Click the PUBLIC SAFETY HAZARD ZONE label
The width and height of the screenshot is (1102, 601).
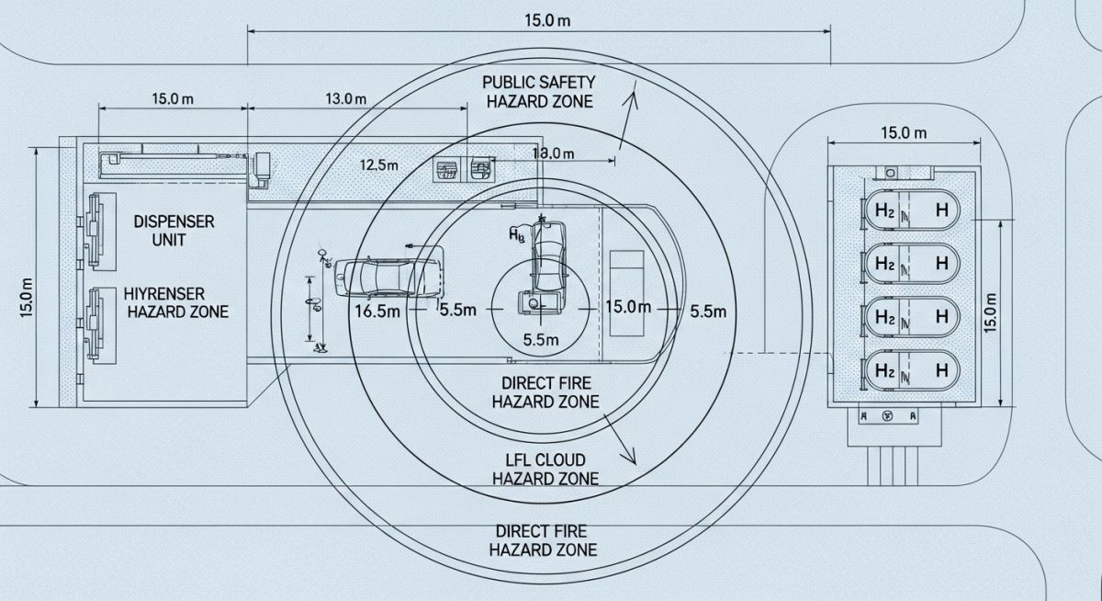(538, 92)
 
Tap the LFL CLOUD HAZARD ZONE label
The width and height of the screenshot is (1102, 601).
(545, 469)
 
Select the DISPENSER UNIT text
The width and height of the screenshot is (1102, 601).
(174, 231)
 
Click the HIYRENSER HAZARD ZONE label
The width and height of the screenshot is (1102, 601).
(177, 303)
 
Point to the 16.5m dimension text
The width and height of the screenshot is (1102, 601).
(377, 311)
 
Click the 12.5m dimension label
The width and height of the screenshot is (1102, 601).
(379, 165)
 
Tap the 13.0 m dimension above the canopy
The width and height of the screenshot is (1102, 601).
(345, 98)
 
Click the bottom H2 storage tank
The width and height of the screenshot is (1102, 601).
(910, 371)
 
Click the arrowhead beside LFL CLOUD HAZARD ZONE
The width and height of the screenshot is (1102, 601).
(631, 457)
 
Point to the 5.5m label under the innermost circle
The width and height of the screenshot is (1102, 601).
(540, 339)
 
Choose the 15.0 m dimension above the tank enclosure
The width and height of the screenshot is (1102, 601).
(904, 132)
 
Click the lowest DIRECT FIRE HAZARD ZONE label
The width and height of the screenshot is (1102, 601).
(543, 540)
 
